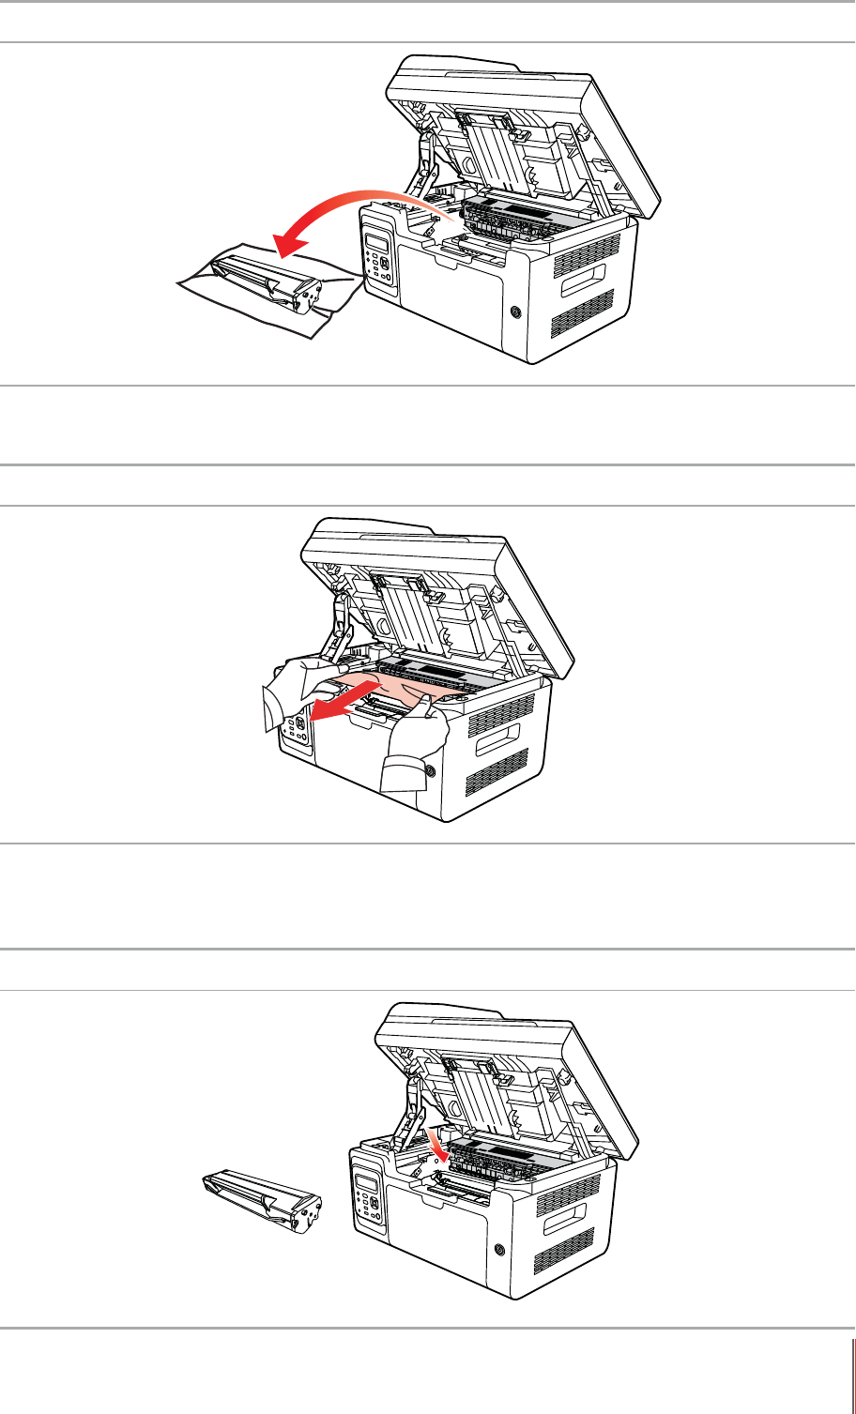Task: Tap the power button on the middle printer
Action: (429, 771)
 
